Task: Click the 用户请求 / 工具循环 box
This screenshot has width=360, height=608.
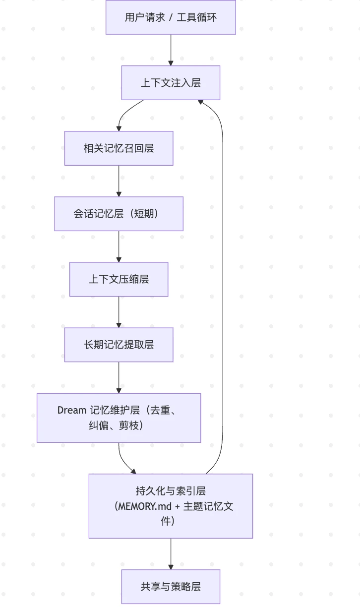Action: (x=171, y=17)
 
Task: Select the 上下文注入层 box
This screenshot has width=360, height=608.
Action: (x=171, y=83)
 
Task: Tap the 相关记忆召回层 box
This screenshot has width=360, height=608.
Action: (x=119, y=148)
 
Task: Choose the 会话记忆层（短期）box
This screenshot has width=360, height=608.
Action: (x=119, y=214)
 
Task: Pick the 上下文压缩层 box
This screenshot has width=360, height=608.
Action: (x=119, y=279)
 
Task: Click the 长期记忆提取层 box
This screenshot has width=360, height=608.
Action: (x=119, y=345)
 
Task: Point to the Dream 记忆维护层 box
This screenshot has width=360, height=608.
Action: (x=119, y=418)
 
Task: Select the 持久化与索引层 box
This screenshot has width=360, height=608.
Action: (x=171, y=506)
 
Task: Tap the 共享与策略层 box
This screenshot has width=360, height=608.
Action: (x=171, y=587)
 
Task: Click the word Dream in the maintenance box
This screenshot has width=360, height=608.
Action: (x=72, y=410)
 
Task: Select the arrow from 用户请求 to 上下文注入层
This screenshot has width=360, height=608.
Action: (x=171, y=50)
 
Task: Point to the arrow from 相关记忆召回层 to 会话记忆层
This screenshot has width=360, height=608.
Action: (x=119, y=181)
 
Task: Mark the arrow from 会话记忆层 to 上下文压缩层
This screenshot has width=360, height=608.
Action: (x=119, y=246)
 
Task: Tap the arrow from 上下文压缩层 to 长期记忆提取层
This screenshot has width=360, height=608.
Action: (x=119, y=312)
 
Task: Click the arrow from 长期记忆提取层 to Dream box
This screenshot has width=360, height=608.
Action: (x=119, y=377)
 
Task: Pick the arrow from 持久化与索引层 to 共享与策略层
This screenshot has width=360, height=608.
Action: (x=171, y=554)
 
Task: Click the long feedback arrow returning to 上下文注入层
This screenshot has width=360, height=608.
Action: (x=222, y=288)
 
